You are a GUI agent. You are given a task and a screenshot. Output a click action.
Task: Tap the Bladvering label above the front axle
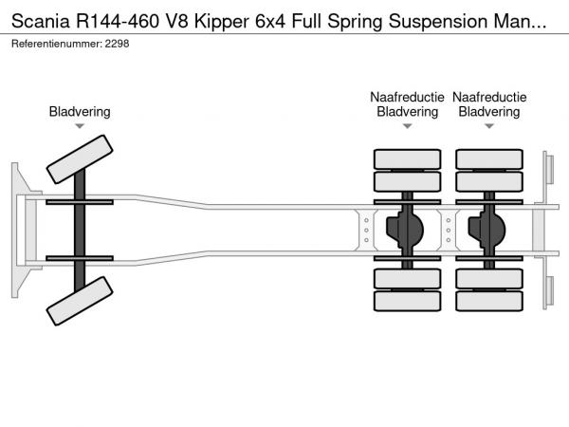(x=80, y=112)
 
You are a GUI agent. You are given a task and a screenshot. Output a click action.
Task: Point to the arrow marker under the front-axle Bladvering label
(x=80, y=126)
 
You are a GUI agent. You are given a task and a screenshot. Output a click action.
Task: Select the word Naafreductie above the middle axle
(x=407, y=97)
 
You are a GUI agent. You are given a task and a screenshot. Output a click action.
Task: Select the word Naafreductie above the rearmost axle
(x=489, y=97)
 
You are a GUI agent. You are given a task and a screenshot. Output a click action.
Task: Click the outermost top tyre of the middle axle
(x=407, y=158)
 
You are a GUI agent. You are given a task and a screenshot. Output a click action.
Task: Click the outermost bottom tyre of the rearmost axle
(x=489, y=302)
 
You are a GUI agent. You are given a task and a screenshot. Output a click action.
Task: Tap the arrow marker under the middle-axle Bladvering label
(x=407, y=126)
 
